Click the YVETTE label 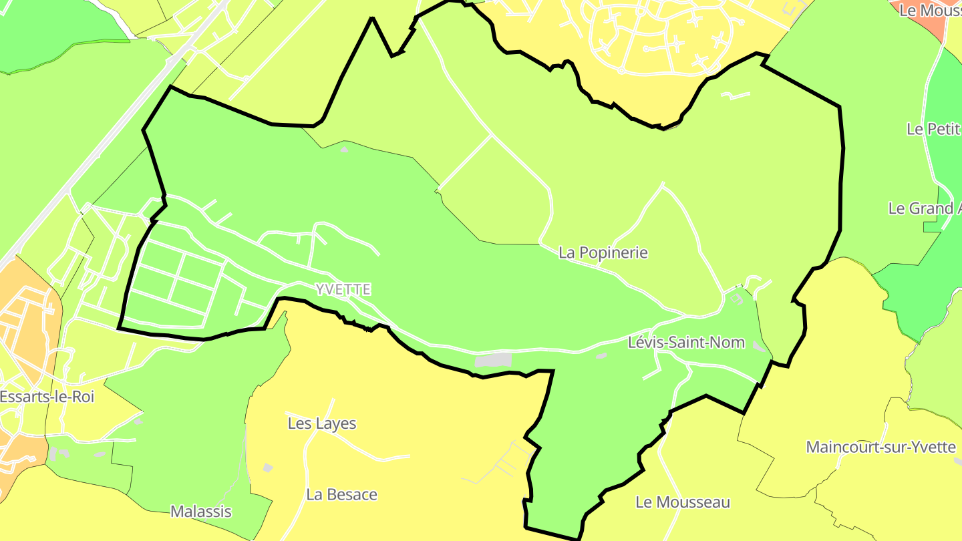coord(343,290)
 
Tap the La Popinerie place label coord(603,252)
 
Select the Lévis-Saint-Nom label coord(686,343)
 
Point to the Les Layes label coord(322,423)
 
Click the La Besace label coord(341,495)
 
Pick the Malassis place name coord(201,512)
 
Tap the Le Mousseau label coord(683,502)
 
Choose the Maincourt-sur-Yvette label coord(880,447)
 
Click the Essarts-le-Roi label coord(47,397)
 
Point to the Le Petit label coord(934,129)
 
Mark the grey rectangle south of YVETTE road coord(493,360)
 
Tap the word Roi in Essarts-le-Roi coord(83,397)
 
